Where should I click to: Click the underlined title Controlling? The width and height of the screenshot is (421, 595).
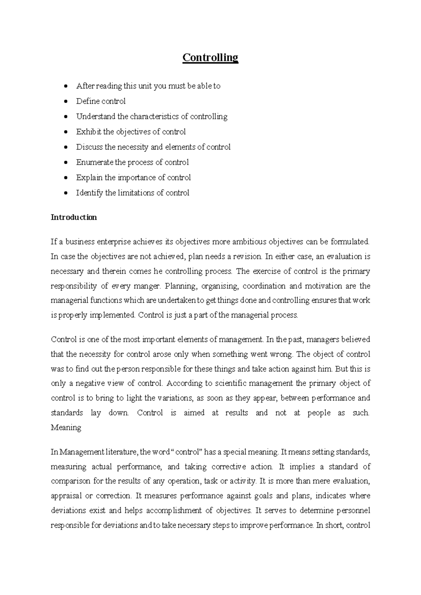pos(210,57)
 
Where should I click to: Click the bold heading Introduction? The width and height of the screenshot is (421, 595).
pos(74,217)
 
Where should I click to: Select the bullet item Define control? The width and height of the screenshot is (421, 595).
pos(101,101)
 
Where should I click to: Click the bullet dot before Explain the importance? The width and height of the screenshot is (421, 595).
pos(66,178)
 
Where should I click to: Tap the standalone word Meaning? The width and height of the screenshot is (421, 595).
pos(66,428)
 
